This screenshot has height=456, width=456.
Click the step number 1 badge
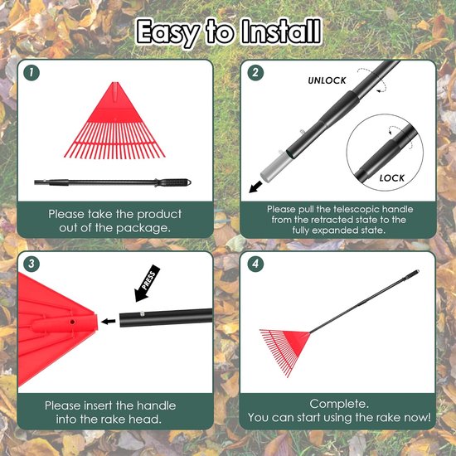click(x=32, y=73)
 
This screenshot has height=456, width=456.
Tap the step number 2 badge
click(x=255, y=73)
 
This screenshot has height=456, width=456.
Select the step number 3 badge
click(x=32, y=264)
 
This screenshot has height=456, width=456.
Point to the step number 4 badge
click(x=255, y=264)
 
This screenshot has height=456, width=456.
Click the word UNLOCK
click(x=327, y=80)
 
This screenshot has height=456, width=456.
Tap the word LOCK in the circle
click(x=391, y=178)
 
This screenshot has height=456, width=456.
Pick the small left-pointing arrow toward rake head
click(x=108, y=322)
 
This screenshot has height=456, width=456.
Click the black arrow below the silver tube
click(x=255, y=187)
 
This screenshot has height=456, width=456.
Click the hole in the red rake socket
click(x=72, y=322)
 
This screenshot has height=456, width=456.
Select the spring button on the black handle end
click(x=143, y=313)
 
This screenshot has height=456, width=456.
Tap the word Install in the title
click(x=282, y=32)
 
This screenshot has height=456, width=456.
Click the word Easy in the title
click(x=168, y=33)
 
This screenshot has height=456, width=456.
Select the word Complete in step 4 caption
click(x=339, y=404)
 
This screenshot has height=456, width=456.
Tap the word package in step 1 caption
click(x=143, y=228)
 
